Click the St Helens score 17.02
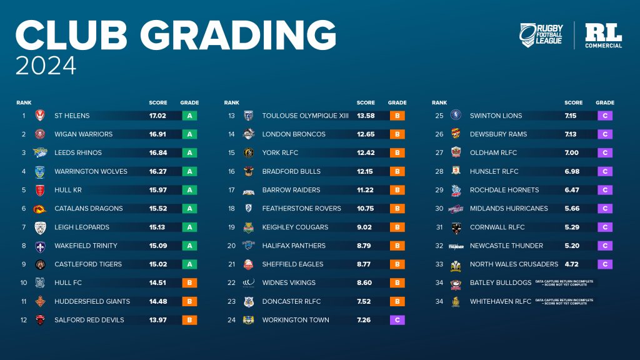(x=157, y=116)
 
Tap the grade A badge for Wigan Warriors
(x=189, y=134)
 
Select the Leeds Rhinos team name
(x=78, y=152)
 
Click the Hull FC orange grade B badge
(x=189, y=282)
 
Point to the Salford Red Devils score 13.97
(x=157, y=320)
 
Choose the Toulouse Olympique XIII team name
(x=306, y=116)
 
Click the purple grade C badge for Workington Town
(x=397, y=320)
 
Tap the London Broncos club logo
(x=248, y=134)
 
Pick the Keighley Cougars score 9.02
(x=366, y=227)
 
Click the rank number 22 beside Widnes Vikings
(x=231, y=282)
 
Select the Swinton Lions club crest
(x=456, y=116)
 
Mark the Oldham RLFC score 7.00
(x=572, y=152)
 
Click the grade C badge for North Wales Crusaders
(x=605, y=264)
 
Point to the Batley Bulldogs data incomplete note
(x=564, y=283)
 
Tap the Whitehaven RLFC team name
(x=500, y=301)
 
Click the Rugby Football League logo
(x=541, y=35)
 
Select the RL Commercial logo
(x=603, y=36)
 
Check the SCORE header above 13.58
(x=366, y=102)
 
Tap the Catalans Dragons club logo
(x=41, y=209)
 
